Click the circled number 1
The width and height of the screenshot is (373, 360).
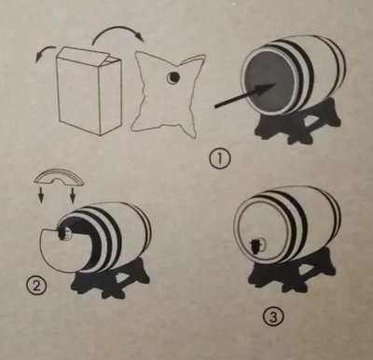(x=220, y=159)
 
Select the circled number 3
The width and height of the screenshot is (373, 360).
(x=273, y=318)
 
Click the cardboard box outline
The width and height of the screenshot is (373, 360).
(x=89, y=90)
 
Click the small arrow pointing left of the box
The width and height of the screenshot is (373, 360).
(x=46, y=53)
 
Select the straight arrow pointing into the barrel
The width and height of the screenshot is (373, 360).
(x=245, y=96)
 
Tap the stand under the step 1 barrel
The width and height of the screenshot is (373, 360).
(x=299, y=121)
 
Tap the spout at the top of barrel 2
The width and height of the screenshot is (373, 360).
(x=65, y=233)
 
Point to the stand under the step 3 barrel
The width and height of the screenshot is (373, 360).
(x=292, y=270)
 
